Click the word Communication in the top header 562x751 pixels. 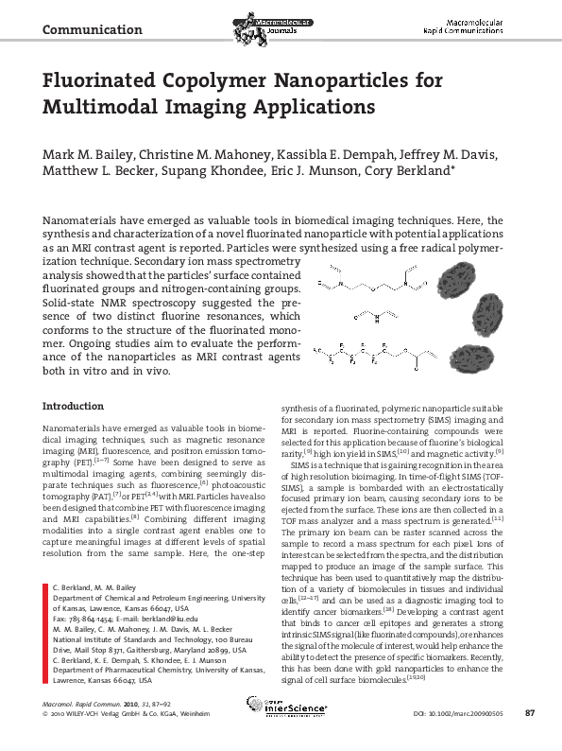(93, 30)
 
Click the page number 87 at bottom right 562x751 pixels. (530, 738)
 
